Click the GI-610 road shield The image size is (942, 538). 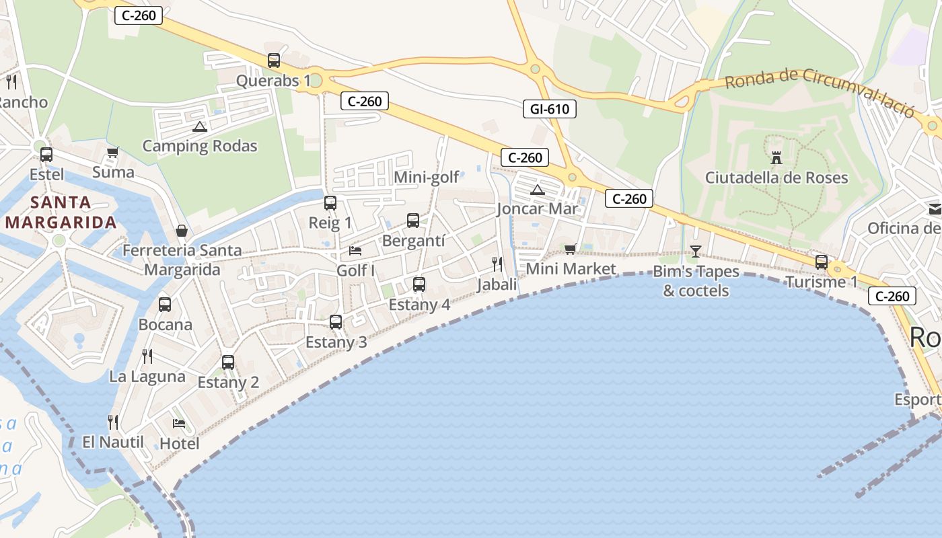point(550,108)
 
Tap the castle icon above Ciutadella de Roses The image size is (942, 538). point(776,158)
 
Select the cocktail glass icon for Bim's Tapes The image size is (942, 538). point(696,252)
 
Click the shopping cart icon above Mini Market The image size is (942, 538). point(571,249)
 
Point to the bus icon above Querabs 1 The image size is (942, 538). point(274,61)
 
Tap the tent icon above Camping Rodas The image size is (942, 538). point(200,126)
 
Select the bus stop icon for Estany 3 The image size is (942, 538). point(336,322)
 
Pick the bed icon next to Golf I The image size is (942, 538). point(355,251)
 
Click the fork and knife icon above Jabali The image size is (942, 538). point(497,264)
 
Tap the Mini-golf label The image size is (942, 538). point(426,178)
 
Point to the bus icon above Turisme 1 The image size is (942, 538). point(822,262)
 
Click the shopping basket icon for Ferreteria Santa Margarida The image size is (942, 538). point(182,231)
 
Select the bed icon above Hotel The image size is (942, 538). point(179,424)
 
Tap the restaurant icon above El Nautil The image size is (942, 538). point(113,422)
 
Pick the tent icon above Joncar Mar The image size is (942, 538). point(537,190)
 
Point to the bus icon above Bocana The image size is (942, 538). point(165,305)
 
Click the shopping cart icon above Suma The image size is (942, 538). point(113,152)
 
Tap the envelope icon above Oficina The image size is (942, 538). point(935,209)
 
